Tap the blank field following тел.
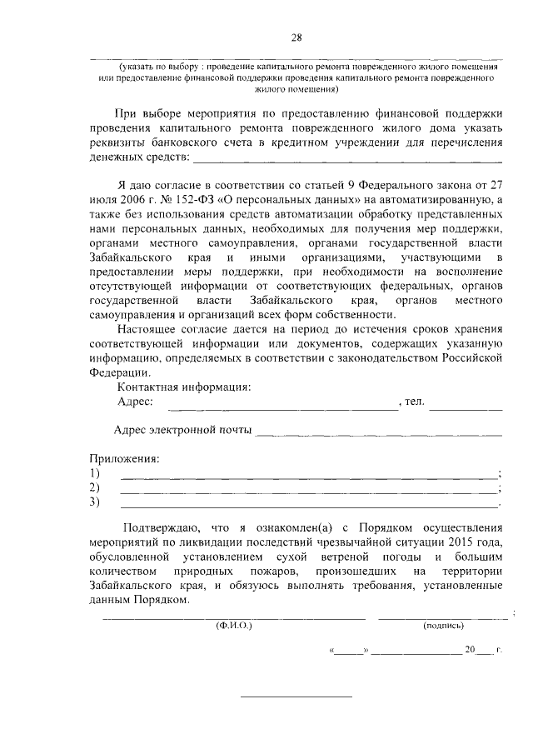(466, 408)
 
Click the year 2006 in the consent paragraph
(132, 200)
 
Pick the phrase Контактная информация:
(183, 387)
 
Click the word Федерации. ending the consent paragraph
(118, 372)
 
